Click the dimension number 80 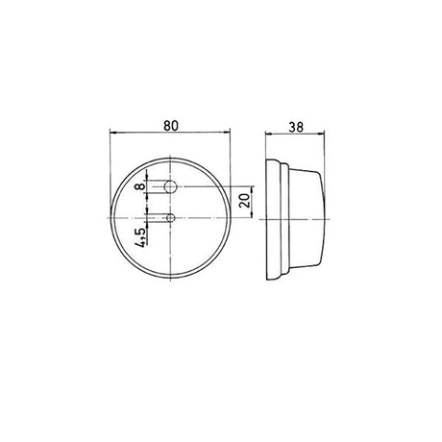click(172, 124)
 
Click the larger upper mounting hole click(171, 184)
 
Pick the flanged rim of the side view click(275, 220)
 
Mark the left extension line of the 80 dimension click(111, 163)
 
